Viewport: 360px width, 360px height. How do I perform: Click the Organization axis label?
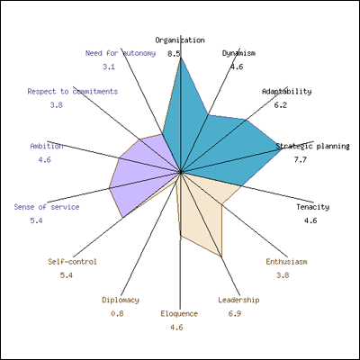[180, 40]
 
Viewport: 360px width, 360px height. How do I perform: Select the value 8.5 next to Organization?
[174, 54]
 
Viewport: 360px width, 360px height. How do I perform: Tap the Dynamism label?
[238, 53]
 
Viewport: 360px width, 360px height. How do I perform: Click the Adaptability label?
[286, 92]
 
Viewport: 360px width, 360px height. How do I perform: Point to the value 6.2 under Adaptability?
[280, 105]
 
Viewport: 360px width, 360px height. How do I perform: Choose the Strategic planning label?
[312, 146]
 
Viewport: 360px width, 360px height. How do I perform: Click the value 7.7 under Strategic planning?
[301, 159]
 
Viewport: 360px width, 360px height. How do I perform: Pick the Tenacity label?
[313, 207]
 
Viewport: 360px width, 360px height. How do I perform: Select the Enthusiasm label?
[286, 262]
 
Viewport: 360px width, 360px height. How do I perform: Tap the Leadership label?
[238, 300]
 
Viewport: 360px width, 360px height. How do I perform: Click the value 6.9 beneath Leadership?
[234, 314]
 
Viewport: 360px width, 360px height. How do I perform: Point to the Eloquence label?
[179, 314]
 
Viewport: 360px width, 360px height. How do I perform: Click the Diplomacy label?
[121, 300]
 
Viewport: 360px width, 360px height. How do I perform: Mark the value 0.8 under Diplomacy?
[117, 314]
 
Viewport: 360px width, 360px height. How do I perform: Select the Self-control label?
[72, 262]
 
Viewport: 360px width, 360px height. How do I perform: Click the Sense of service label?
[47, 207]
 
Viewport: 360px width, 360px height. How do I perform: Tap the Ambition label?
[47, 146]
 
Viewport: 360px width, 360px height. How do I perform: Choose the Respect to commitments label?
[73, 91]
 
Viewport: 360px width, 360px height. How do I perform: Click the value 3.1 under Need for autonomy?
[109, 67]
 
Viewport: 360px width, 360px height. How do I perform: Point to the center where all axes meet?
[181, 172]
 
